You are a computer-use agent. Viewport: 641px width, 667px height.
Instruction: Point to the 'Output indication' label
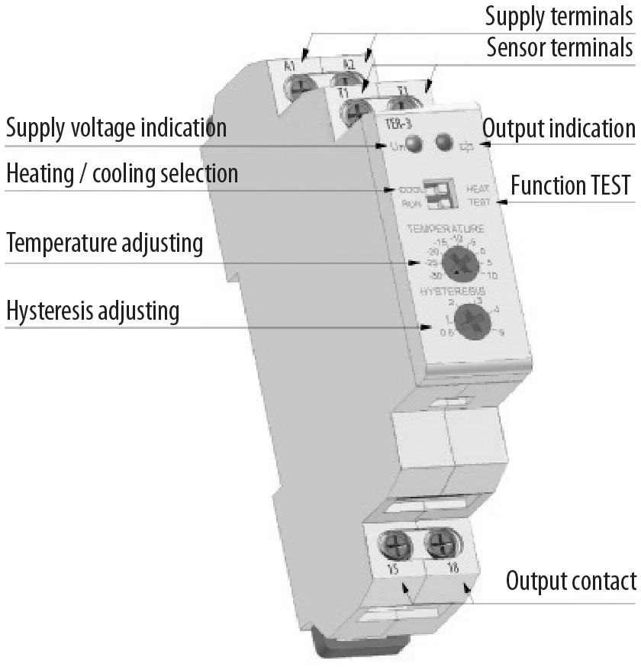559,127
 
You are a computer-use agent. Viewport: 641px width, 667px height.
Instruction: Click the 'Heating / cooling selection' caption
122,173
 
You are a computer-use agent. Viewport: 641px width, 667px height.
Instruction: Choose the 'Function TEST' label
572,185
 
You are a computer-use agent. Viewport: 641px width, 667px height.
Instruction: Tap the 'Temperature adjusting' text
105,244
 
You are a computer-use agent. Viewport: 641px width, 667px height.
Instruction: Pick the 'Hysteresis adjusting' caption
92,311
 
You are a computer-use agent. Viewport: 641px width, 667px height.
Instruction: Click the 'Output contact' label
571,581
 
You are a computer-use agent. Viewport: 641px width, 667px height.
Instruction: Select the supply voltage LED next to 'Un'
414,143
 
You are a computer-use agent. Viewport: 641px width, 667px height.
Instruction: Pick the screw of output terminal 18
440,544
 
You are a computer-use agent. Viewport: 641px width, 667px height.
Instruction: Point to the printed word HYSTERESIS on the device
459,292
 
